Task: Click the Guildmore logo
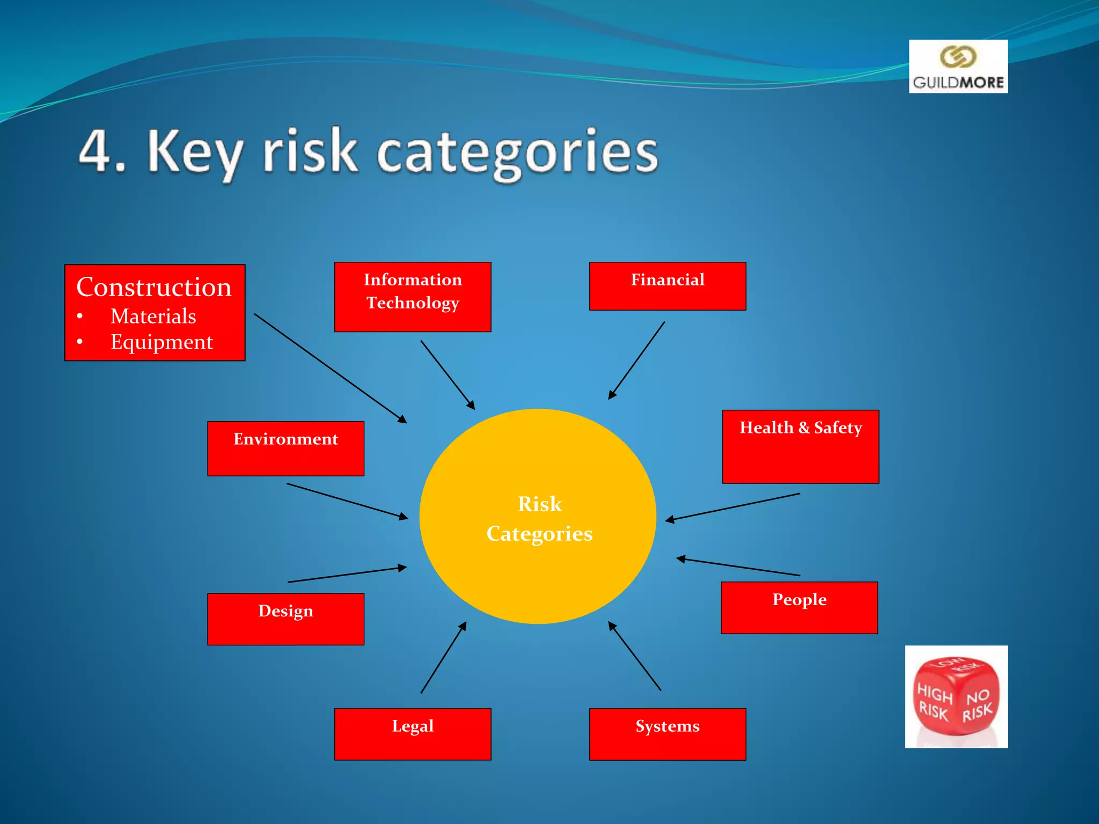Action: [x=958, y=67]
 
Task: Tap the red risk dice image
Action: [x=956, y=696]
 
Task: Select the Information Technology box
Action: [x=412, y=297]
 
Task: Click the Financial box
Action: [x=667, y=286]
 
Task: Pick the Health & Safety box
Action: [x=800, y=446]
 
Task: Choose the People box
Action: [x=799, y=607]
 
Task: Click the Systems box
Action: [x=667, y=733]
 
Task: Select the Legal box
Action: [x=412, y=733]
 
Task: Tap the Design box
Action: [x=285, y=619]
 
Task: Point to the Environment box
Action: [x=285, y=448]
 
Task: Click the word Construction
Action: [x=153, y=287]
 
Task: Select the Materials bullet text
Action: [x=153, y=317]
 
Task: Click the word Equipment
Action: [x=162, y=342]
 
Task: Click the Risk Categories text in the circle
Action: [x=539, y=519]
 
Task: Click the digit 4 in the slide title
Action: [x=95, y=151]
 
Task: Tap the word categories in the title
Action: [x=517, y=153]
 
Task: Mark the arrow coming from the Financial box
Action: [x=636, y=360]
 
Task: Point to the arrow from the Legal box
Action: [x=443, y=658]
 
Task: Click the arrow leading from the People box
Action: [x=738, y=567]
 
